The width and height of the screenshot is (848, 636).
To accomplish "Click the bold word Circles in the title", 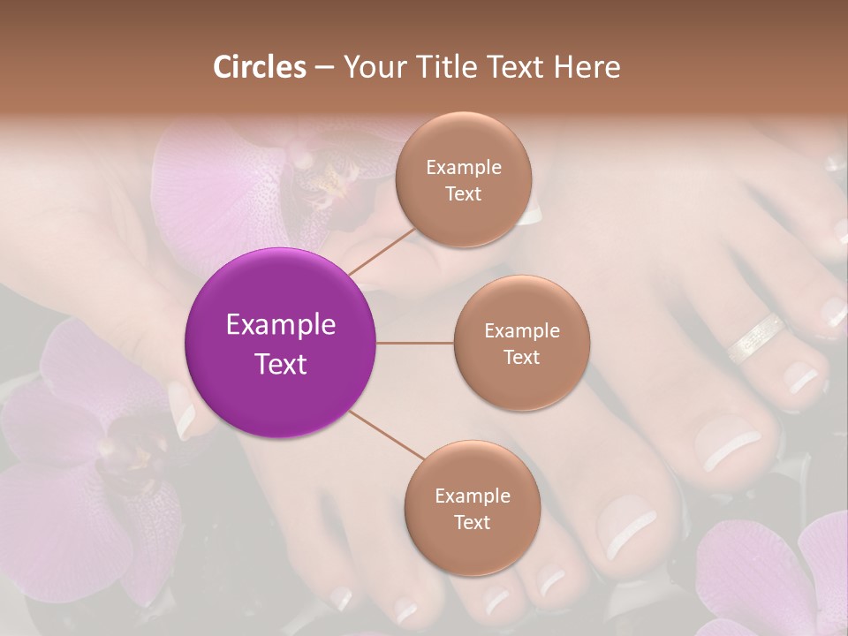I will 259,67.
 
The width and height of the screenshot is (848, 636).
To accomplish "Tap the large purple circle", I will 280,343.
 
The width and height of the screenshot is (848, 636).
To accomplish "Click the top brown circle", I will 463,179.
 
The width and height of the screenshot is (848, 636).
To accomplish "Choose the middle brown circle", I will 521,343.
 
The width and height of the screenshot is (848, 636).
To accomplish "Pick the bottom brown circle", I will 472,508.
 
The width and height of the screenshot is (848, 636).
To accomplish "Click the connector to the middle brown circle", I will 414,343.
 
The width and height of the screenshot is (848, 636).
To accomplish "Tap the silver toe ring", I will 756,337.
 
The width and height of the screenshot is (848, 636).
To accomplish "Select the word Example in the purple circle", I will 280,325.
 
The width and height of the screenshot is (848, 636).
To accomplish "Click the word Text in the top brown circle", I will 463,193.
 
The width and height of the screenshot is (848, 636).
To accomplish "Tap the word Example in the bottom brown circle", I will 472,496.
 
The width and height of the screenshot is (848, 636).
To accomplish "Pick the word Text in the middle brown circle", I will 521,357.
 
